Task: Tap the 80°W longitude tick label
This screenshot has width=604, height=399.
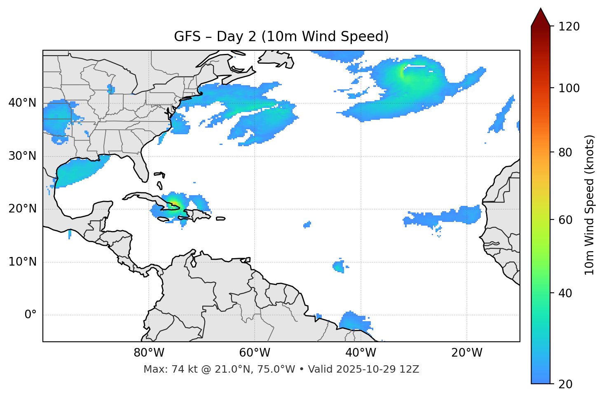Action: pyautogui.click(x=149, y=353)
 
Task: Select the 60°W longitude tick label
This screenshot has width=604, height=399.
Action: pyautogui.click(x=255, y=353)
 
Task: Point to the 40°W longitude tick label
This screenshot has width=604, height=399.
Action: pyautogui.click(x=361, y=353)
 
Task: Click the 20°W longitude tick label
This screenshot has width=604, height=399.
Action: pyautogui.click(x=466, y=353)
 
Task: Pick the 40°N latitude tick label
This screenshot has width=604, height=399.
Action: pyautogui.click(x=22, y=103)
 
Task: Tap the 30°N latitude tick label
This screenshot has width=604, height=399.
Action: pyautogui.click(x=22, y=156)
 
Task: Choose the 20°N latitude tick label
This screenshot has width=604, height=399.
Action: pyautogui.click(x=22, y=209)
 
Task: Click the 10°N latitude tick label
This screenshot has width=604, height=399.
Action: pyautogui.click(x=22, y=262)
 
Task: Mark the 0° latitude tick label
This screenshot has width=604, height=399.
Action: pyautogui.click(x=30, y=315)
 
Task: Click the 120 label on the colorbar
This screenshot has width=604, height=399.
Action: pyautogui.click(x=569, y=27)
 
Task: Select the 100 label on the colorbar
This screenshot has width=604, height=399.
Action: pyautogui.click(x=569, y=88)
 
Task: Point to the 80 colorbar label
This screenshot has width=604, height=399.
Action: pyautogui.click(x=565, y=152)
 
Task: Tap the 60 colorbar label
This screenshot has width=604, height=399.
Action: pyautogui.click(x=565, y=220)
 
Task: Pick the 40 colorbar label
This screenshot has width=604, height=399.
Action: pyautogui.click(x=565, y=293)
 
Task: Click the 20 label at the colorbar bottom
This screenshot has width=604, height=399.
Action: pyautogui.click(x=565, y=384)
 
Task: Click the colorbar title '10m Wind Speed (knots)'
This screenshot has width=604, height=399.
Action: pyautogui.click(x=590, y=205)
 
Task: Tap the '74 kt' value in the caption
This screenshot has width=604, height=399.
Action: pyautogui.click(x=178, y=369)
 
